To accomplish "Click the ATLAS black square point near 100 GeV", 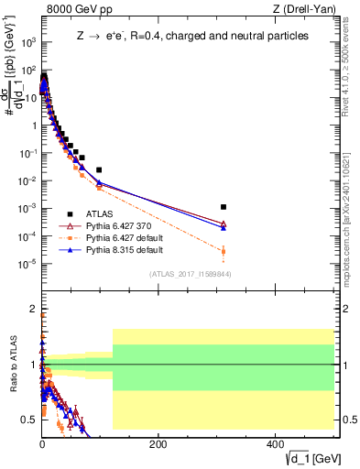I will point(99,169).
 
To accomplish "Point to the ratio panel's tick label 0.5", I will point(28,420).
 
